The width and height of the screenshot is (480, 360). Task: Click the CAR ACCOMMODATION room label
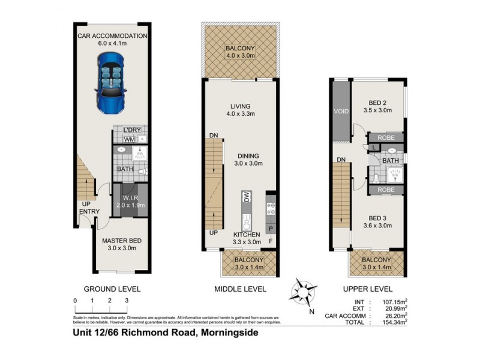coord(112,36)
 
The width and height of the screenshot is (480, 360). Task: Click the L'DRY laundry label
coord(131,130)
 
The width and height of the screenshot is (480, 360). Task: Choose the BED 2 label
coord(377,103)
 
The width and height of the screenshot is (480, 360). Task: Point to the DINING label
coord(247,155)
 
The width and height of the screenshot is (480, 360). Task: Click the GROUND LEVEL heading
coord(112,289)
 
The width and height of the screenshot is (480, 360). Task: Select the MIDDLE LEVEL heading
coord(240,289)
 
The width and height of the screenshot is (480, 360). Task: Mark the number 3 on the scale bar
coord(127,300)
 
